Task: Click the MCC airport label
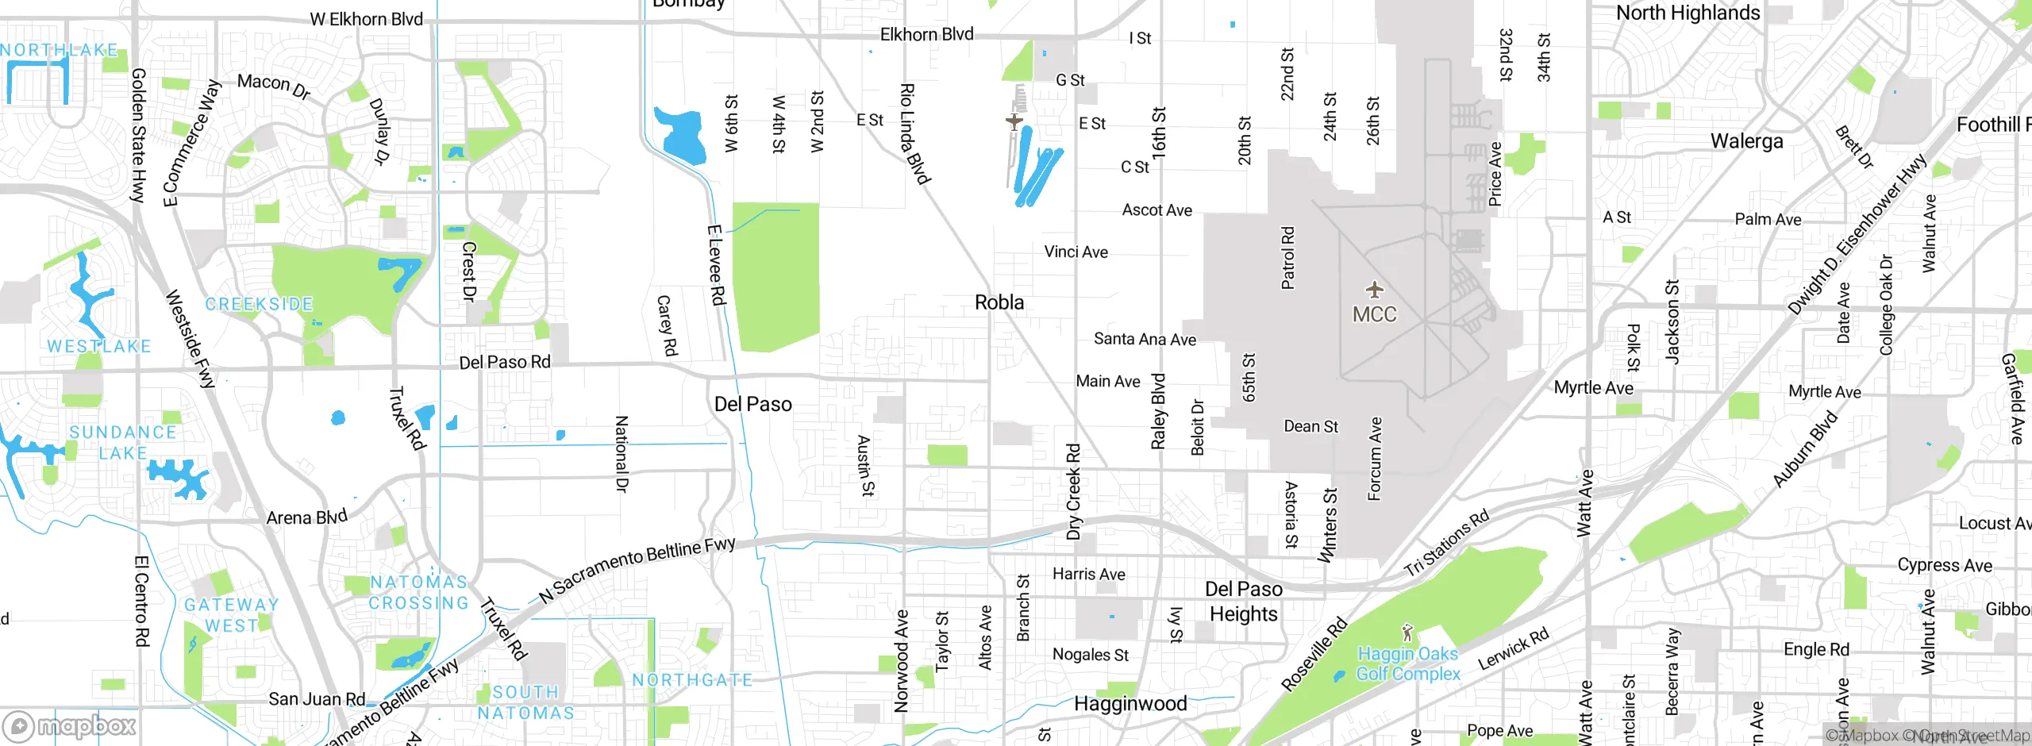[1374, 315]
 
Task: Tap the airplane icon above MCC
[1374, 290]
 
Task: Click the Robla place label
[999, 302]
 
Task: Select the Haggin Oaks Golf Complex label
[1407, 664]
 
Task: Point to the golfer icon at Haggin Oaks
[1407, 633]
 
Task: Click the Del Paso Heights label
[1243, 602]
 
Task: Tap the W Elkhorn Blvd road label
[366, 19]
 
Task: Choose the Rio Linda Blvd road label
[914, 133]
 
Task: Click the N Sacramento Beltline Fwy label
[637, 570]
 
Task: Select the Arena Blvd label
[306, 517]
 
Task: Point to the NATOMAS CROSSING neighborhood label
[418, 593]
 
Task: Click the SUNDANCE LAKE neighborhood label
[122, 443]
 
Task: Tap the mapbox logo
[70, 725]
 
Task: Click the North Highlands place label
[1688, 13]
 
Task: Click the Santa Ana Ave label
[1144, 339]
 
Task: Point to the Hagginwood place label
[1130, 704]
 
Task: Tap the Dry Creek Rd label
[1073, 492]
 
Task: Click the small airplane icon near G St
[1014, 121]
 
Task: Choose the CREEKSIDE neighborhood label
[259, 304]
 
